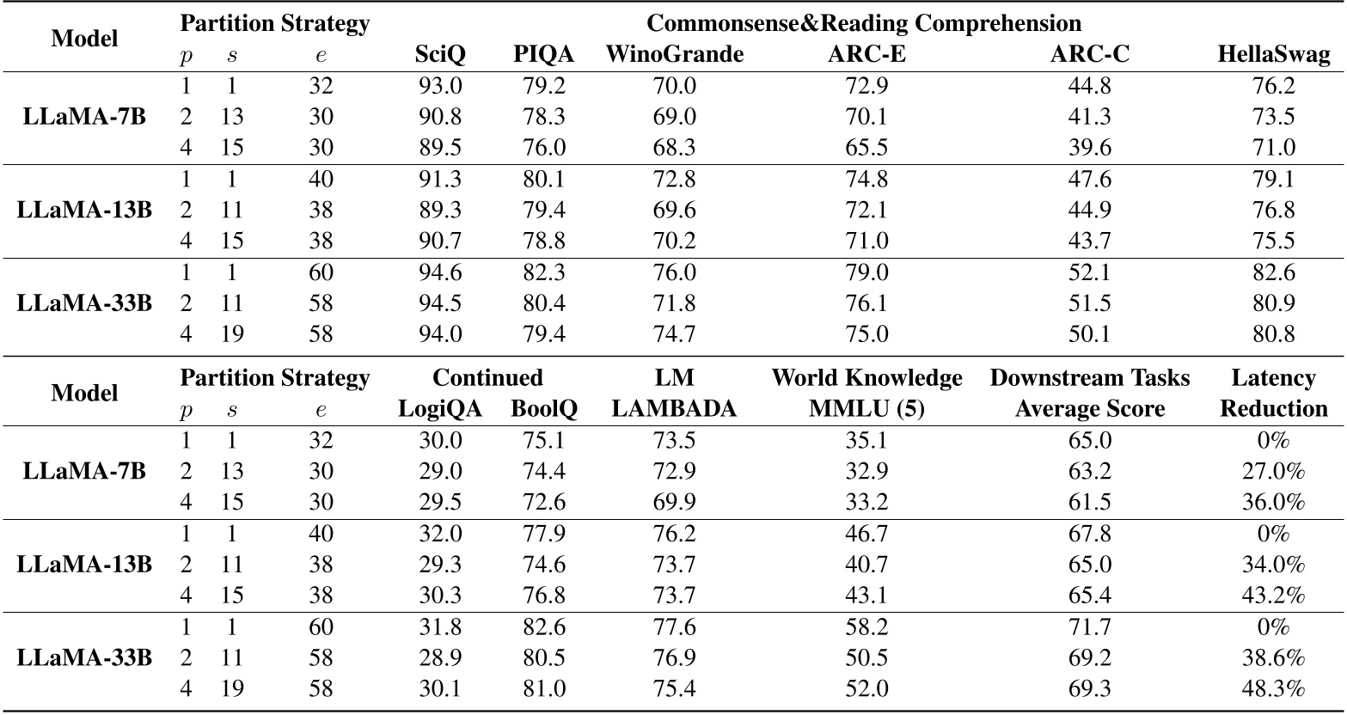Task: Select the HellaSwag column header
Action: pos(1273,55)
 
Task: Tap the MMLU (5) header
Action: pos(866,409)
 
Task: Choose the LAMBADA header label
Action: pos(675,409)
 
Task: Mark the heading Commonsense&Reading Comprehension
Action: pos(863,23)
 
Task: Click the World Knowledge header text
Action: pos(866,378)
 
